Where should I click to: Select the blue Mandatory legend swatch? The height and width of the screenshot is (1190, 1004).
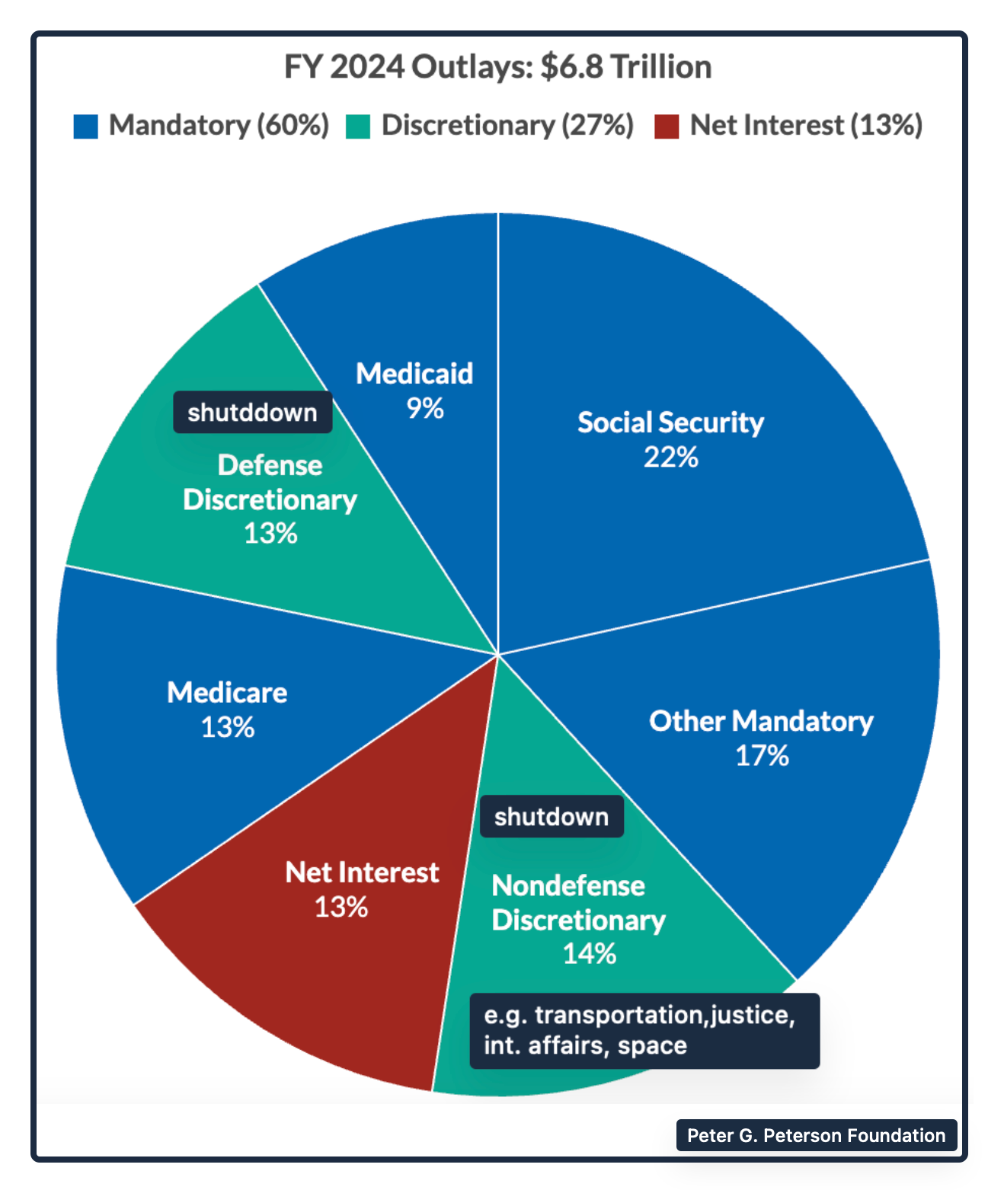tap(85, 126)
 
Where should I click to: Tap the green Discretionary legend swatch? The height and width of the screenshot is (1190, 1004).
tap(357, 126)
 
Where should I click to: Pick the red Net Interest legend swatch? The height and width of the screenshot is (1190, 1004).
tap(667, 126)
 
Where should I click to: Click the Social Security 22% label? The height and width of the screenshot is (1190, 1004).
tap(670, 439)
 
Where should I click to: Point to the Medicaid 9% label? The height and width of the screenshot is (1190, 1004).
tap(414, 391)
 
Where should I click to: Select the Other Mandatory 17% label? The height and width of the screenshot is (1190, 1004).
tap(761, 738)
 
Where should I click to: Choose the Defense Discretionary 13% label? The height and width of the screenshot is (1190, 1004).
tap(270, 499)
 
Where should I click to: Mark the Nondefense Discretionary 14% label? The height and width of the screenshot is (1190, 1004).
tap(578, 919)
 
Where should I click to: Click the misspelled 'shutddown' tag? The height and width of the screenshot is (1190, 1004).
tap(252, 413)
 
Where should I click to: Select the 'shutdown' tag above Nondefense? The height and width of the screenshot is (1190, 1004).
tap(552, 817)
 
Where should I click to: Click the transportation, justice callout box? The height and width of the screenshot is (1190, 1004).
tap(644, 1030)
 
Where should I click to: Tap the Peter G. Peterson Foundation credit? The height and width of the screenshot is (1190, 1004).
tap(816, 1135)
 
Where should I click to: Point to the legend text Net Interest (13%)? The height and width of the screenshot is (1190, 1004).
tap(806, 126)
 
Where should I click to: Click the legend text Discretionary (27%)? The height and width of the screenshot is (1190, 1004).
tap(507, 126)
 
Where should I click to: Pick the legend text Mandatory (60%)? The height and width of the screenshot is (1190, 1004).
tap(219, 126)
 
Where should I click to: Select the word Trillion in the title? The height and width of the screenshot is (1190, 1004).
tap(661, 67)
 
